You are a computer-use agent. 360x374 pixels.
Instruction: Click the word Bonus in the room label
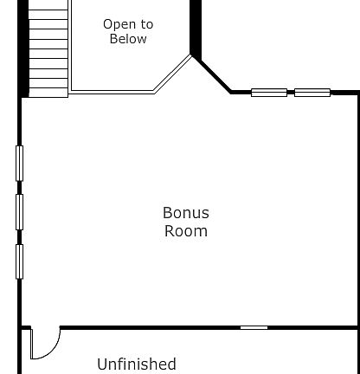point(185,213)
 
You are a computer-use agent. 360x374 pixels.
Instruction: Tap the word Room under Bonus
point(185,231)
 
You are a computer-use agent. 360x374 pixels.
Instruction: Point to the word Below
point(128,39)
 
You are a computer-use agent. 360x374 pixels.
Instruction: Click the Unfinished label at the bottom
point(136,364)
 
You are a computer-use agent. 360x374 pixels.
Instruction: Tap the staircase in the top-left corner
point(48,48)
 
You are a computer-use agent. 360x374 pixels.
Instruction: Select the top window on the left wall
point(19,164)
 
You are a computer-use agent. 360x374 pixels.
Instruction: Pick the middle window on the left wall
point(19,212)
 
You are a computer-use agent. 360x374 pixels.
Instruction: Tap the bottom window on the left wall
point(19,261)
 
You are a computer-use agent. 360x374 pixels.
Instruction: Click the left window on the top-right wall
point(268,93)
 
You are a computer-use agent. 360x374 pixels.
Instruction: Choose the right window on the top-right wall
point(312,93)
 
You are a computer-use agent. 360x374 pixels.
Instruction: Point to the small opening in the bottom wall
point(254,327)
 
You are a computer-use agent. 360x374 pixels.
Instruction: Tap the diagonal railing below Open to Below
point(172,74)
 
